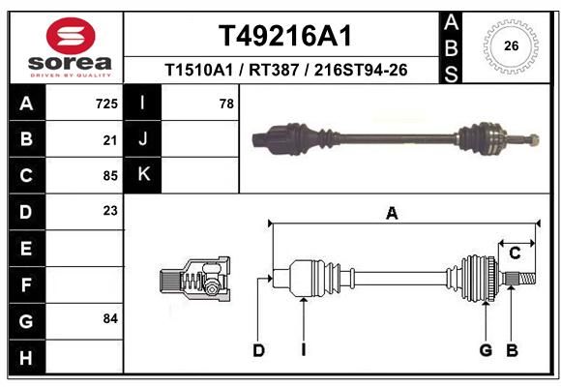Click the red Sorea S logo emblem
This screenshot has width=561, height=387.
[x=71, y=36]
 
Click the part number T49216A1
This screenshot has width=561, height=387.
[x=285, y=36]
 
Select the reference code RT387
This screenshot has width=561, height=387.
[x=274, y=71]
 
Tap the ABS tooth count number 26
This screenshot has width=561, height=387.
[x=512, y=45]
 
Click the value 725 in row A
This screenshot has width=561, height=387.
[x=106, y=104]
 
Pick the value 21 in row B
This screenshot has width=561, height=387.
[x=110, y=140]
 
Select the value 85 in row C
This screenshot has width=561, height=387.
[x=110, y=176]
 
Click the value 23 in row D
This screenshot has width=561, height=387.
[x=110, y=211]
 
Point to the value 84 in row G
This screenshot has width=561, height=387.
[x=110, y=318]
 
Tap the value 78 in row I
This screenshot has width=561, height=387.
[x=226, y=104]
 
